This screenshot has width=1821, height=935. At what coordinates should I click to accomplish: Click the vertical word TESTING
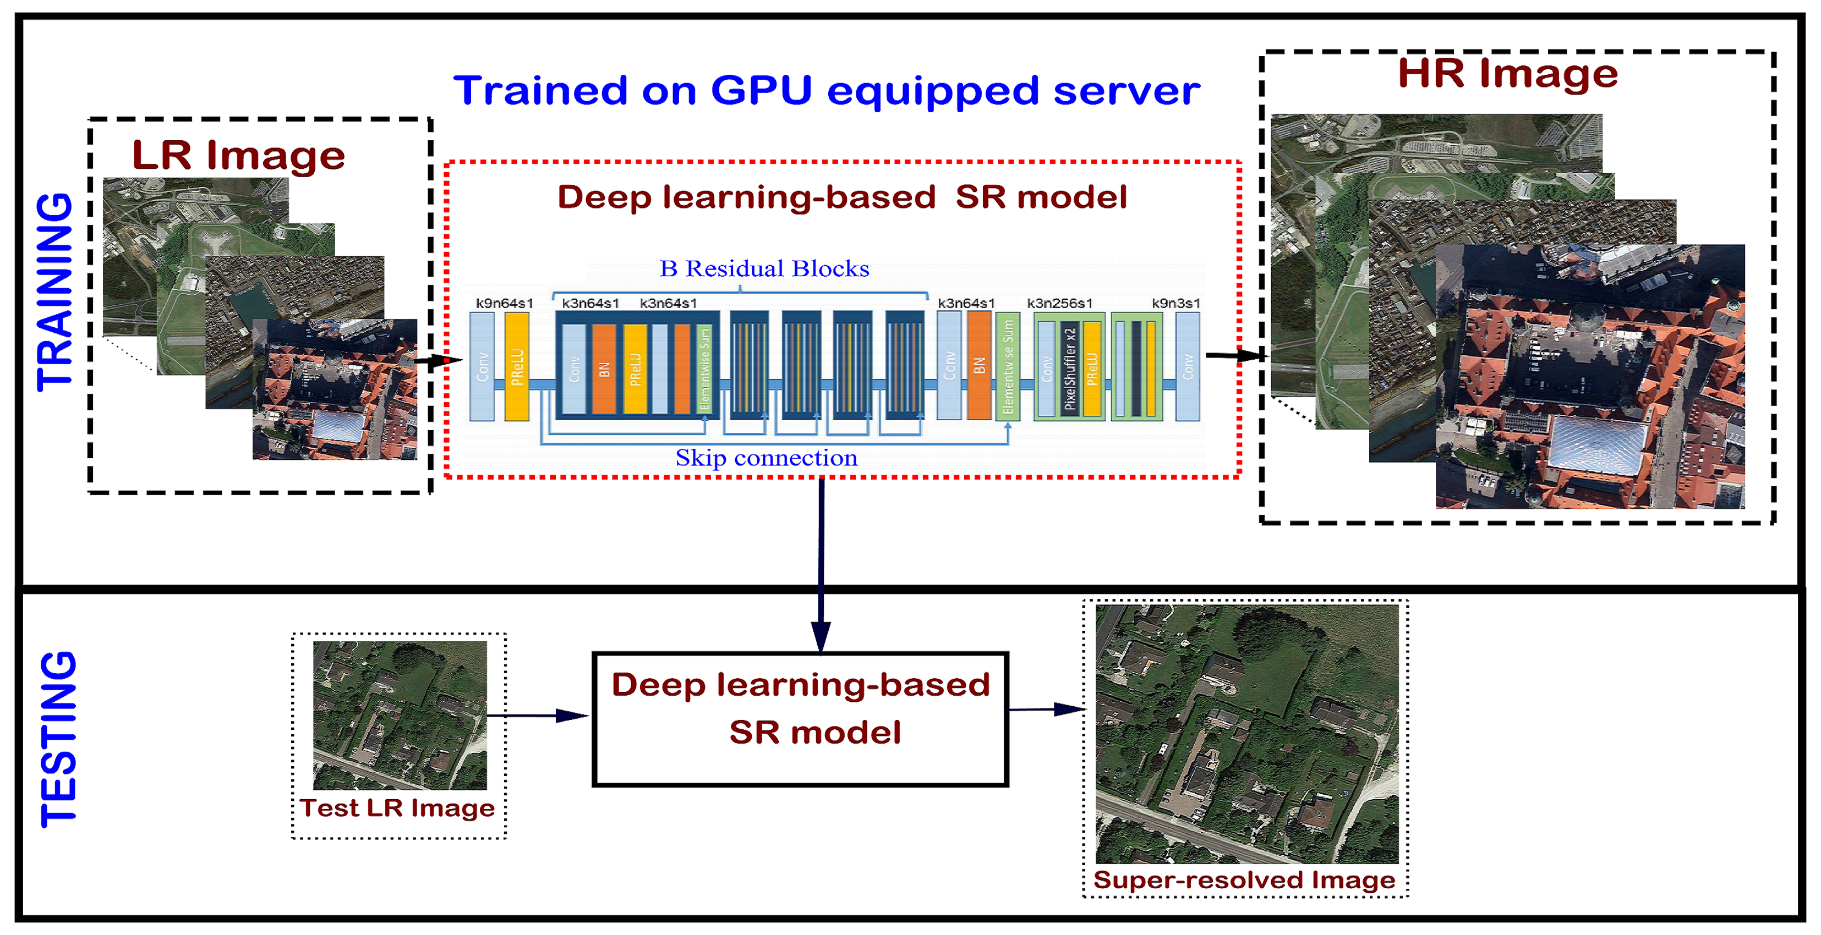[58, 739]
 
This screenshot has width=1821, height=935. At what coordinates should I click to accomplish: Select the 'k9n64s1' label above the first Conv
[504, 303]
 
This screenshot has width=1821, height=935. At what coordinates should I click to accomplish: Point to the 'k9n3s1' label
[1175, 303]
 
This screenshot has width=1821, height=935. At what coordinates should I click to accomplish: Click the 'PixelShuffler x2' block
[1070, 367]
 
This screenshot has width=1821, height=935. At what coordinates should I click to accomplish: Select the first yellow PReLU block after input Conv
[517, 367]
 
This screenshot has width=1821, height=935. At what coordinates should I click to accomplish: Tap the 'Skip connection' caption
[766, 458]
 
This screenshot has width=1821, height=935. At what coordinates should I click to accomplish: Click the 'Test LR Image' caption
[397, 808]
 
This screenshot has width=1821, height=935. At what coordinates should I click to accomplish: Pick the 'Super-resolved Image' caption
[1244, 880]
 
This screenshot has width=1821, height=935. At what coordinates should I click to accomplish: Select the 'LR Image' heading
[238, 156]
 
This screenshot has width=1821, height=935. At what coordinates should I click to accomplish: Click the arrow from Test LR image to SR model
[537, 716]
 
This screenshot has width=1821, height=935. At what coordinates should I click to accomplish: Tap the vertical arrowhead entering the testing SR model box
[821, 636]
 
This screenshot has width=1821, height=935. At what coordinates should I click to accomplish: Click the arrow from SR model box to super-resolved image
[1046, 709]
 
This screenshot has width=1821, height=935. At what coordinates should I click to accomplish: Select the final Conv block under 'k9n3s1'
[1188, 367]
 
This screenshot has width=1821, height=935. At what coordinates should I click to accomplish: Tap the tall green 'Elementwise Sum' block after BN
[1007, 367]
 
